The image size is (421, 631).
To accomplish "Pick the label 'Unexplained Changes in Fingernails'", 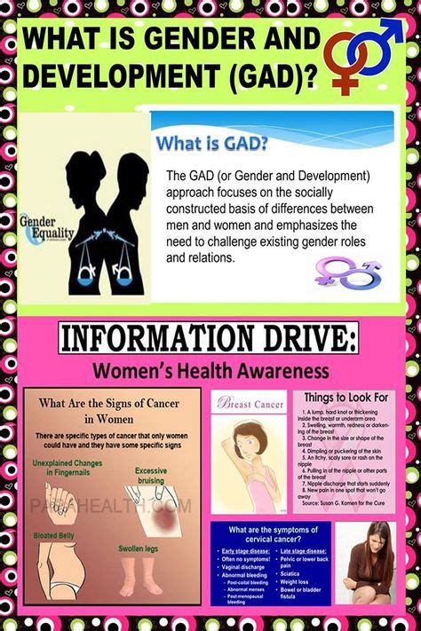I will [68, 469].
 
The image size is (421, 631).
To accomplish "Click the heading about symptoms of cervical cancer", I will [269, 534].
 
